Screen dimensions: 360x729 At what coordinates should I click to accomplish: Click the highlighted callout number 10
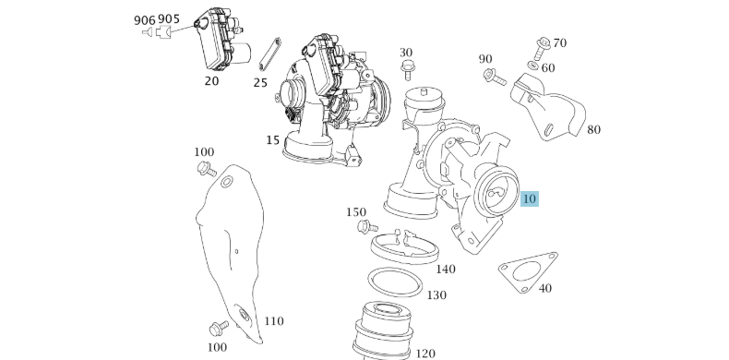tap(530, 198)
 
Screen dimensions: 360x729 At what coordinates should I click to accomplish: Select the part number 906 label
tap(144, 19)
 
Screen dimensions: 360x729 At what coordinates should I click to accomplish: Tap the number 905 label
tap(169, 19)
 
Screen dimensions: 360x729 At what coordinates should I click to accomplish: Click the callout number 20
tap(211, 81)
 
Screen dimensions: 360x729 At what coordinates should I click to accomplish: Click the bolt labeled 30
tap(407, 70)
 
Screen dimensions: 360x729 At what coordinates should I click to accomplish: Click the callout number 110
tap(274, 321)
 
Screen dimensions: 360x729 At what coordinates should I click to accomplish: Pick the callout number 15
tap(272, 140)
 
